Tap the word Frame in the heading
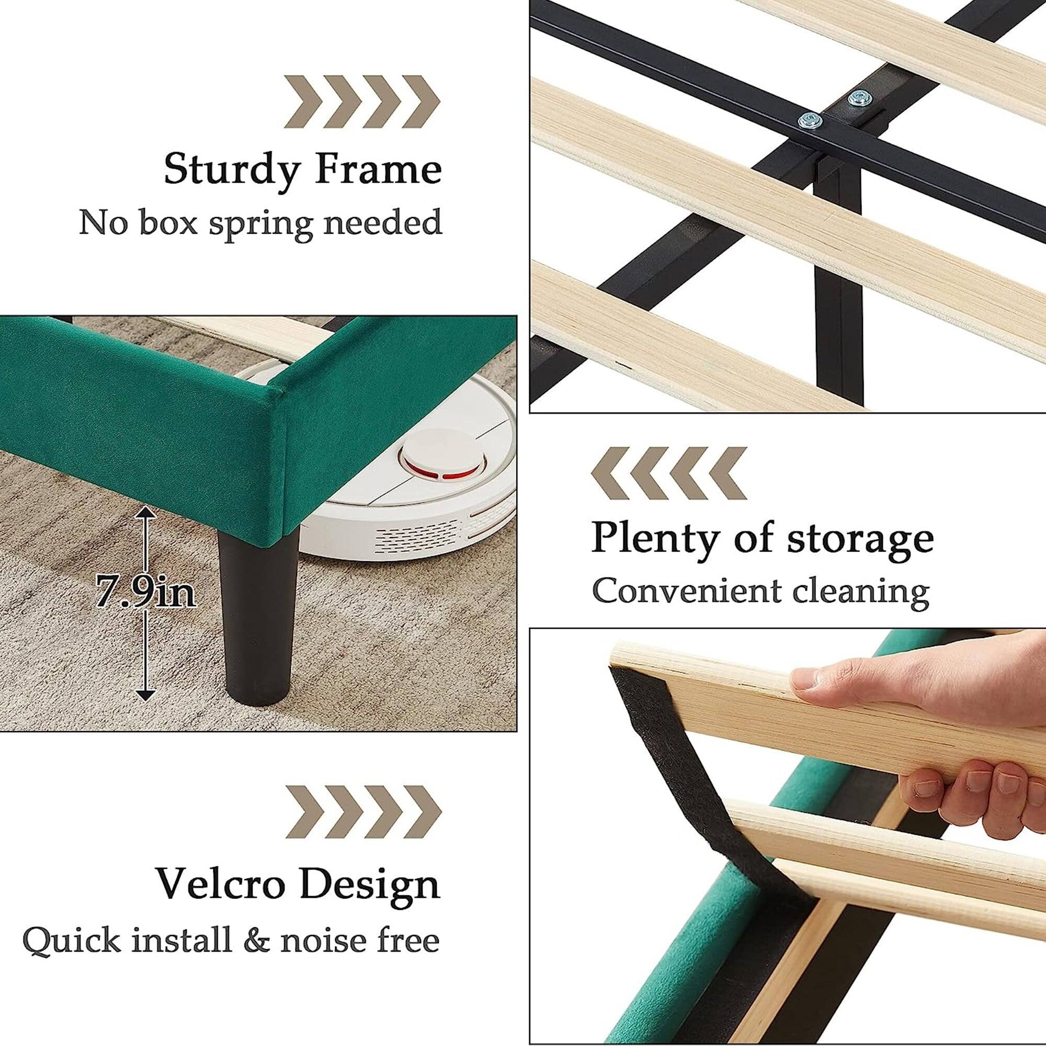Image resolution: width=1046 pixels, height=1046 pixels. tap(379, 169)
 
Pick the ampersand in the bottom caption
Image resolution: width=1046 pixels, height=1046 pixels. tap(257, 940)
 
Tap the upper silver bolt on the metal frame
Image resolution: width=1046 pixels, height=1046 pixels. tap(857, 97)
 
